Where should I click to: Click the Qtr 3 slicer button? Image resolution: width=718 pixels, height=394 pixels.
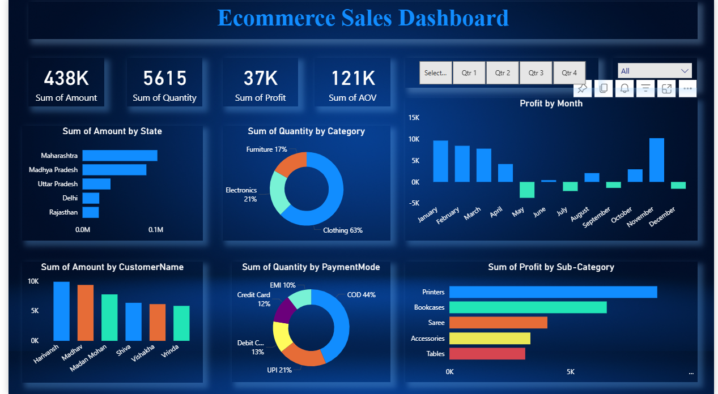pos(536,73)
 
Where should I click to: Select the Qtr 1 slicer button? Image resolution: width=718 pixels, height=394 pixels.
pos(469,73)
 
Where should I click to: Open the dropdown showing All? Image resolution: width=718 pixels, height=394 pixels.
pos(655,71)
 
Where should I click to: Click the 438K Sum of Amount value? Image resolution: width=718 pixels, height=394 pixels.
pos(66,78)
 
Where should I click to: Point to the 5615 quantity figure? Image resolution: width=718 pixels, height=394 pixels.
pos(164,78)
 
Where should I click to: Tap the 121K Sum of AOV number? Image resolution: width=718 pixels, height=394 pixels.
pos(352,78)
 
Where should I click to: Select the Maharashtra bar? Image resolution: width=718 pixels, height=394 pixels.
pos(120,155)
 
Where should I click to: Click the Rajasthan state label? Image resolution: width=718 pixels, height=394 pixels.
pos(63,212)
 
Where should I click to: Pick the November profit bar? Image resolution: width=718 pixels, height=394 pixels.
pos(656,160)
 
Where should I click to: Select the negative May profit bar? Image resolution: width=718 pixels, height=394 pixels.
pos(527,190)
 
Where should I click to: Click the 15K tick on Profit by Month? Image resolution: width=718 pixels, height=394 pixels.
pos(413,118)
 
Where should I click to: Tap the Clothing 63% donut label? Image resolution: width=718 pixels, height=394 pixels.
pos(342,230)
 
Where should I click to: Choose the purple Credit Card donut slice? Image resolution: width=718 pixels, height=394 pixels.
pos(284,310)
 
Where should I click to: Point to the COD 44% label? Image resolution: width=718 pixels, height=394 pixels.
pos(361,295)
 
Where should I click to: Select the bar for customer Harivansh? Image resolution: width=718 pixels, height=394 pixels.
pos(61,311)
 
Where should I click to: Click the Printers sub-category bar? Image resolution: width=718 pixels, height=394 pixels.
pos(553,292)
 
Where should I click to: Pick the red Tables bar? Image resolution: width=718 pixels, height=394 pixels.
pos(487,353)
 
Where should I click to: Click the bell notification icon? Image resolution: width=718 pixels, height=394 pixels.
pos(624,88)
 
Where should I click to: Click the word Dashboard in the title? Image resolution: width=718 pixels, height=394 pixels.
pos(453,18)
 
